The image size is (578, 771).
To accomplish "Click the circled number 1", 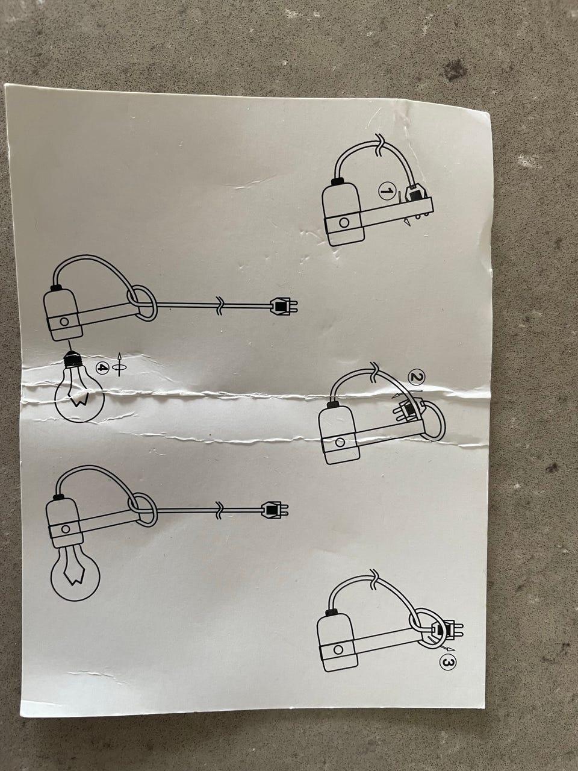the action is click(x=387, y=192).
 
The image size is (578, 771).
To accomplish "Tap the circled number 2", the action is click(x=417, y=377).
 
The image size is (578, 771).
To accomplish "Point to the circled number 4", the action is click(x=102, y=368).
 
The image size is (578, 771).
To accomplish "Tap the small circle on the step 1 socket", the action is click(x=344, y=223).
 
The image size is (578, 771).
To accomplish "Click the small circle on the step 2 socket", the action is click(x=340, y=442).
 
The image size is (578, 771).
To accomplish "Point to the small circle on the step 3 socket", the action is click(x=338, y=649).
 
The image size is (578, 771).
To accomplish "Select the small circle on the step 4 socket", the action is click(x=64, y=321).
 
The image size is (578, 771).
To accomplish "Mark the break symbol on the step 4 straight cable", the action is click(x=220, y=305).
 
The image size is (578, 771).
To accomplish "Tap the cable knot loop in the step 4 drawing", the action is click(x=141, y=303).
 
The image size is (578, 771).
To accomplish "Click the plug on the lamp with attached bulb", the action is click(x=275, y=510).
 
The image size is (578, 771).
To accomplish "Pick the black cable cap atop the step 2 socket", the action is click(x=333, y=404).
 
